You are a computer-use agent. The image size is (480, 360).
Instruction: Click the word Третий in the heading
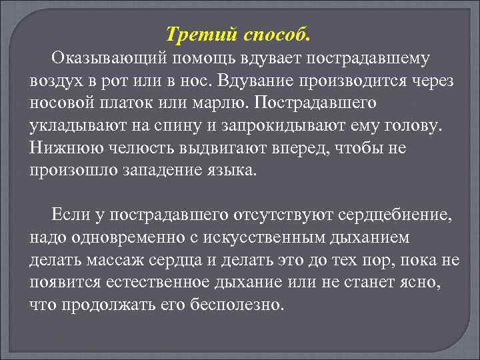[x=189, y=32]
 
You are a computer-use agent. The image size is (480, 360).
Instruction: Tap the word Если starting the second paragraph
[x=69, y=215]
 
